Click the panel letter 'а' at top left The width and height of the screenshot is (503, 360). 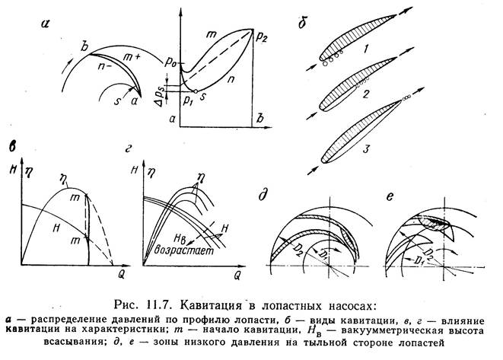click(x=46, y=24)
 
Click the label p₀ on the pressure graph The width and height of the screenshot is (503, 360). click(x=170, y=62)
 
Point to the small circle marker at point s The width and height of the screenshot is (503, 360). click(x=196, y=91)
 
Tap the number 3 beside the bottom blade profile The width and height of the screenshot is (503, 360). click(x=367, y=149)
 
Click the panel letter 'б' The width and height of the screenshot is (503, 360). click(x=303, y=23)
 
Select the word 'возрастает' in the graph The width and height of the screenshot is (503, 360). click(x=184, y=250)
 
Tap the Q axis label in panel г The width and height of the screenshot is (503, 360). click(x=237, y=276)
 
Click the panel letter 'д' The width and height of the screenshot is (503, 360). click(x=264, y=195)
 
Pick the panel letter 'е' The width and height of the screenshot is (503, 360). click(x=390, y=196)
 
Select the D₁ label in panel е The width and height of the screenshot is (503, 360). click(x=415, y=260)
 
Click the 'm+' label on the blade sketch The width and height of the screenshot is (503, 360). click(x=130, y=58)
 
